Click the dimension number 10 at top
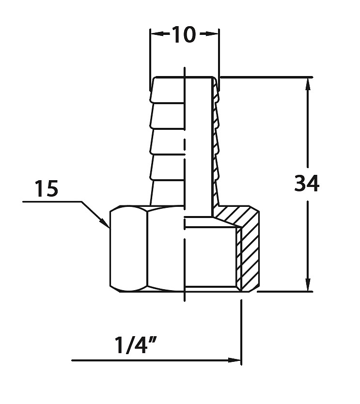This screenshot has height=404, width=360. (184, 34)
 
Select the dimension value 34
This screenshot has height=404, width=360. (307, 183)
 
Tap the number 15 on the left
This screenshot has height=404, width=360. (47, 188)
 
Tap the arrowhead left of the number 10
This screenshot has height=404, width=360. (157, 34)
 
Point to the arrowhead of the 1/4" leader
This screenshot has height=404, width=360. (235, 360)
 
